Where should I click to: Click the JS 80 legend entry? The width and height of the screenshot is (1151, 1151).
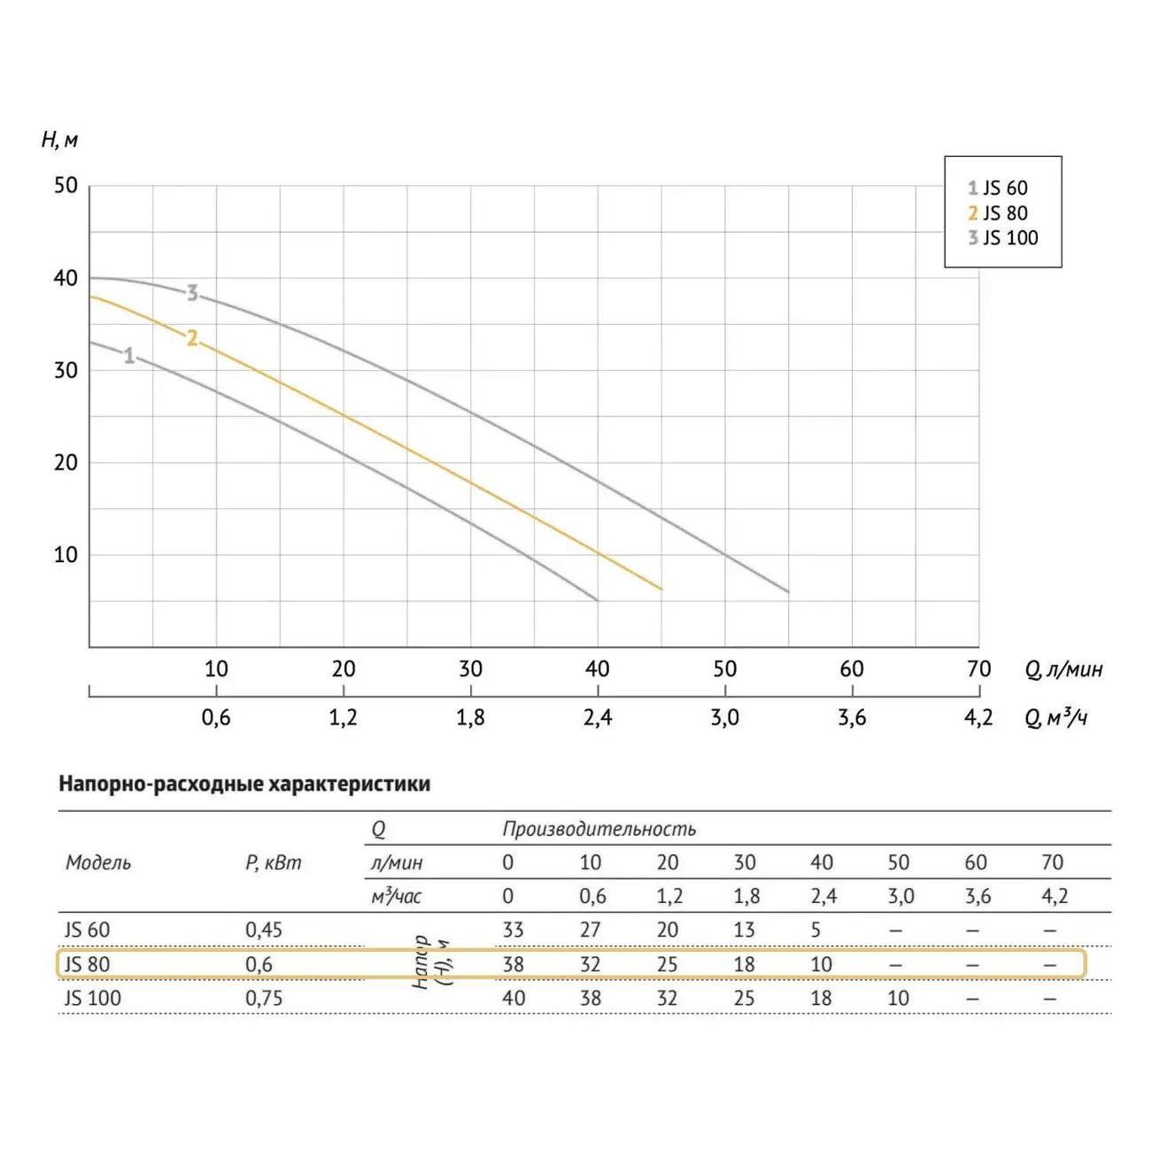pyautogui.click(x=998, y=213)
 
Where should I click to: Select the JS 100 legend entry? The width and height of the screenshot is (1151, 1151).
pyautogui.click(x=1002, y=238)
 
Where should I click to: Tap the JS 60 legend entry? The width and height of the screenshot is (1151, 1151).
pyautogui.click(x=998, y=188)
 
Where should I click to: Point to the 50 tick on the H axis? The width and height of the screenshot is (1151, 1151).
pyautogui.click(x=66, y=186)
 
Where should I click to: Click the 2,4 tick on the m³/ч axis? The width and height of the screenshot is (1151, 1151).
pyautogui.click(x=598, y=717)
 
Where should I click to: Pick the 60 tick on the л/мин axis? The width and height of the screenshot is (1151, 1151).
pyautogui.click(x=852, y=669)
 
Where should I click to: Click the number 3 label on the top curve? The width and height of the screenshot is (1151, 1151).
pyautogui.click(x=192, y=293)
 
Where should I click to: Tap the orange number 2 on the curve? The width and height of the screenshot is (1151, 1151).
pyautogui.click(x=192, y=337)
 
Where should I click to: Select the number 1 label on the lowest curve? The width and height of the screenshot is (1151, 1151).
pyautogui.click(x=129, y=356)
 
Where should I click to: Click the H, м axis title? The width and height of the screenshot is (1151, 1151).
pyautogui.click(x=59, y=140)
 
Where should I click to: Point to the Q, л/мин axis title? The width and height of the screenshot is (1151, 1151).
pyautogui.click(x=1064, y=669)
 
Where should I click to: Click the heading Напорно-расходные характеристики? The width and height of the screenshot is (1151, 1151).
pyautogui.click(x=244, y=784)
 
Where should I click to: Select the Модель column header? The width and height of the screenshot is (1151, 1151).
pyautogui.click(x=98, y=863)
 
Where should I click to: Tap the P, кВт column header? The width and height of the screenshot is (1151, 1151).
pyautogui.click(x=273, y=863)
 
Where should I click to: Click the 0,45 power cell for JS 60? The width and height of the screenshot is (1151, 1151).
pyautogui.click(x=264, y=931)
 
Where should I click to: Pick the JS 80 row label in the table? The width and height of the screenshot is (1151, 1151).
pyautogui.click(x=87, y=964)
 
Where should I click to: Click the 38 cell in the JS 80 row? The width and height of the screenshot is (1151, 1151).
pyautogui.click(x=513, y=964)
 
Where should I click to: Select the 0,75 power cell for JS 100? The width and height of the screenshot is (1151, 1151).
pyautogui.click(x=264, y=999)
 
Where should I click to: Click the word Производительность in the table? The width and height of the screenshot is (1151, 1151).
pyautogui.click(x=599, y=830)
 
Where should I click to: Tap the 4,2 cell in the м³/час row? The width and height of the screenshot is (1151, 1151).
pyautogui.click(x=1054, y=897)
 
